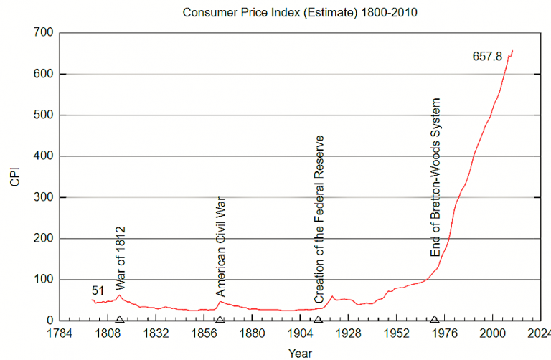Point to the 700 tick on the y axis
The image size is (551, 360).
(x=44, y=33)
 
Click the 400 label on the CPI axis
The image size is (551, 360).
(x=44, y=156)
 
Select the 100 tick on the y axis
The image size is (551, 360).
(x=44, y=280)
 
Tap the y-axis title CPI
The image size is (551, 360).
(x=16, y=176)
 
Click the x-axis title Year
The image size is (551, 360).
(x=300, y=353)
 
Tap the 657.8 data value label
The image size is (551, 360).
(x=487, y=56)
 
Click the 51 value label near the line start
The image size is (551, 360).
(x=98, y=290)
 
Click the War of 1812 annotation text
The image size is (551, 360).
(x=121, y=257)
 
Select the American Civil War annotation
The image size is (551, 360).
(x=221, y=246)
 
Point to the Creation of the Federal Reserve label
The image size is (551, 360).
(x=320, y=219)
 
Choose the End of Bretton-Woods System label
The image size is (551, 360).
(x=435, y=177)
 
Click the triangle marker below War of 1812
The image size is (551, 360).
(x=120, y=319)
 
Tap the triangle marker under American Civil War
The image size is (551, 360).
(x=220, y=319)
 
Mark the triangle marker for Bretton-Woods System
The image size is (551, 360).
(x=435, y=319)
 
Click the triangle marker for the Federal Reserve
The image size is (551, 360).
(x=318, y=319)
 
